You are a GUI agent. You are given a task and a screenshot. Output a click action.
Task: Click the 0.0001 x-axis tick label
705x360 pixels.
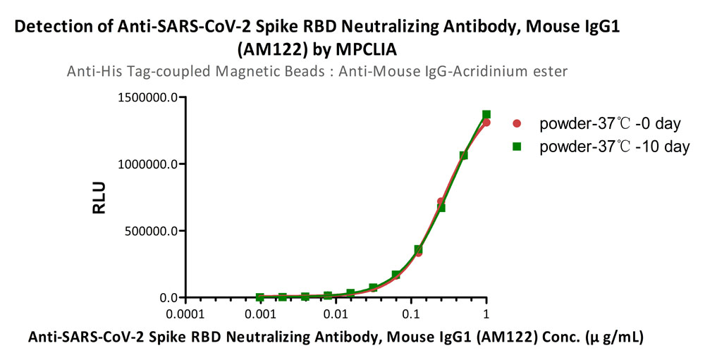point(185,314)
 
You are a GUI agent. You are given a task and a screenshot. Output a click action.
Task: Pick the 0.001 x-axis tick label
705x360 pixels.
point(260,314)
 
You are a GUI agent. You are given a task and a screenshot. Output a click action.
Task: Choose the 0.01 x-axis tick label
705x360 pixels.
point(336,314)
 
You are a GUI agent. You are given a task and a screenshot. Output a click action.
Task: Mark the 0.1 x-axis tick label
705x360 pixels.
point(411,314)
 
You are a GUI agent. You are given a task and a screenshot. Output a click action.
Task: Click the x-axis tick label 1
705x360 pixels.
point(486,314)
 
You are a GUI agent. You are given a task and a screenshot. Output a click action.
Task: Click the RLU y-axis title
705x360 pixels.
point(99,197)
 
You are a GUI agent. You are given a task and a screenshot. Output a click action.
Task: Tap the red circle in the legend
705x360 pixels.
point(517,123)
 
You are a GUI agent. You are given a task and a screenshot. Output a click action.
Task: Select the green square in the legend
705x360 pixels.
point(517,146)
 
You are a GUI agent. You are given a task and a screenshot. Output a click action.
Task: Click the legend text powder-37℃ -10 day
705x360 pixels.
point(615,147)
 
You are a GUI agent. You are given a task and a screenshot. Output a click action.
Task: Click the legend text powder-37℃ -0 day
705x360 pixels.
point(610,123)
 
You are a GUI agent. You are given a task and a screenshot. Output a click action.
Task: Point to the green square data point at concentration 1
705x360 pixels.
point(486,115)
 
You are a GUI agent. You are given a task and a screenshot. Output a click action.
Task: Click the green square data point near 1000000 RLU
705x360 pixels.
point(464,155)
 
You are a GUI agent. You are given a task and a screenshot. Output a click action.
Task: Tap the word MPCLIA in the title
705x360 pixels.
point(367,50)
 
